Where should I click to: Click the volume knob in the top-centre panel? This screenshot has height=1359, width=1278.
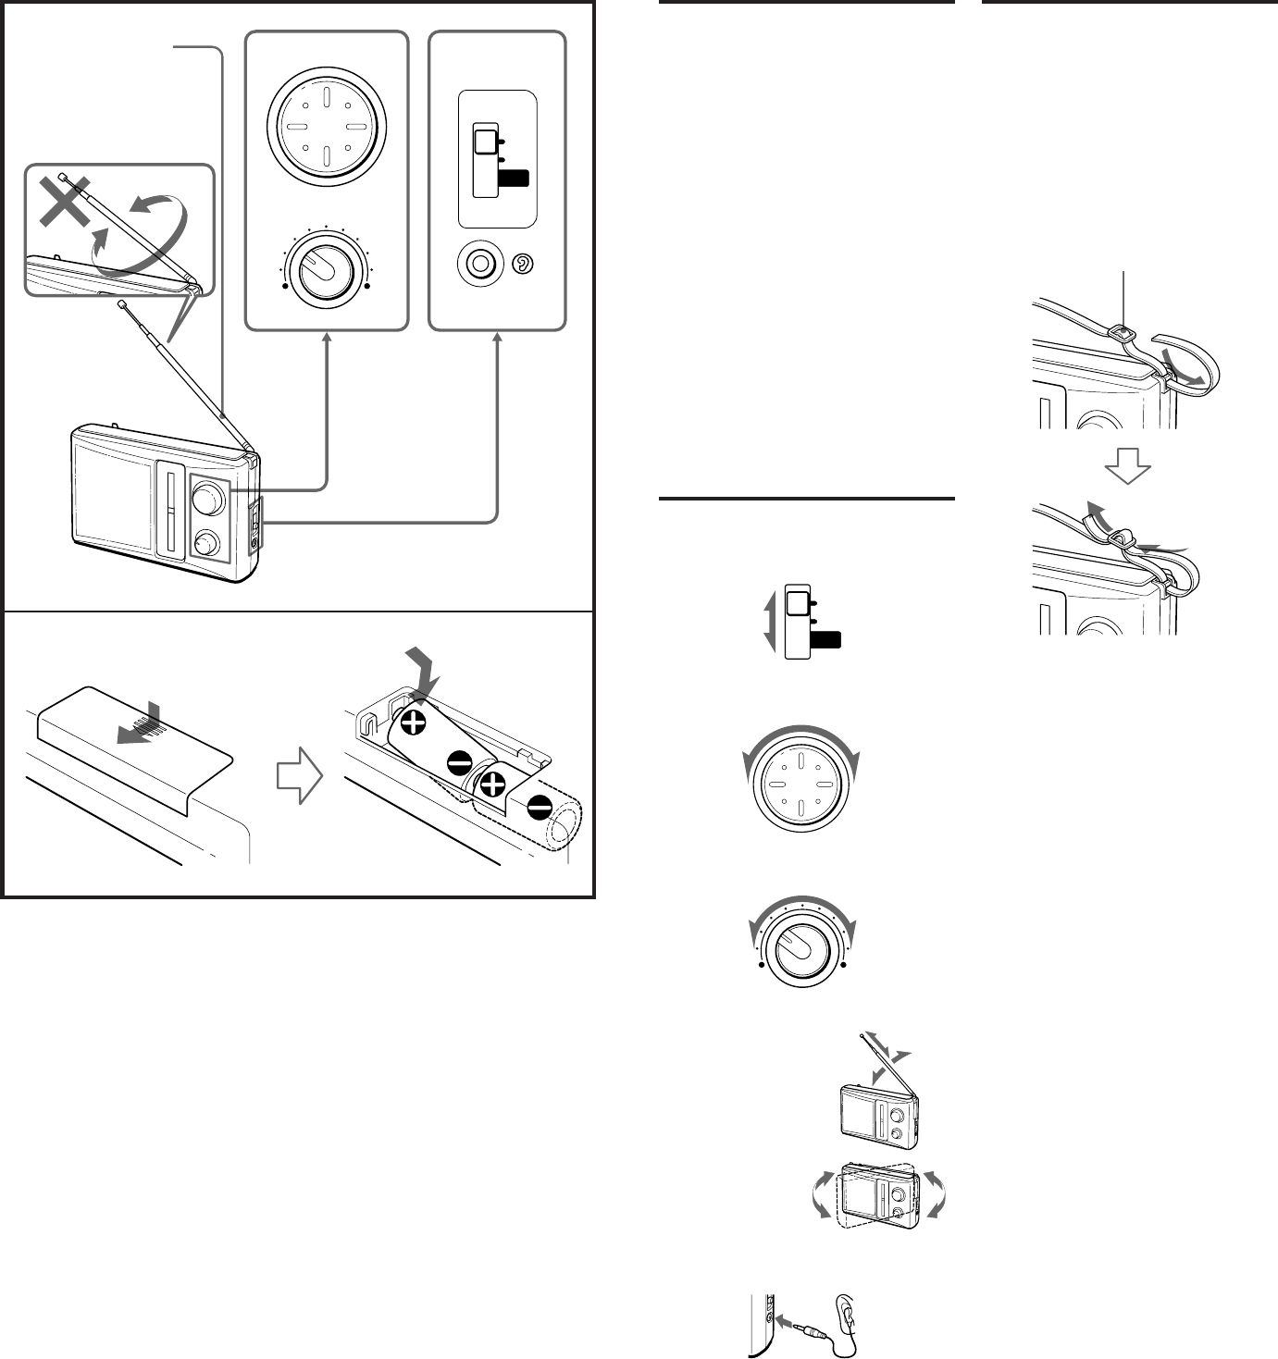click(x=324, y=268)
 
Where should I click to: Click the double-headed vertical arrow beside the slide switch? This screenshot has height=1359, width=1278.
click(x=769, y=623)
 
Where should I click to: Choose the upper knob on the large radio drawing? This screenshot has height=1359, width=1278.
click(x=207, y=498)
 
